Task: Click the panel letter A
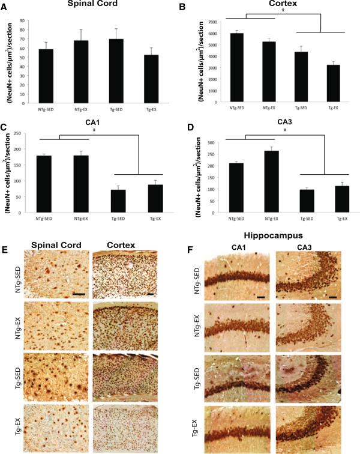[5, 7]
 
